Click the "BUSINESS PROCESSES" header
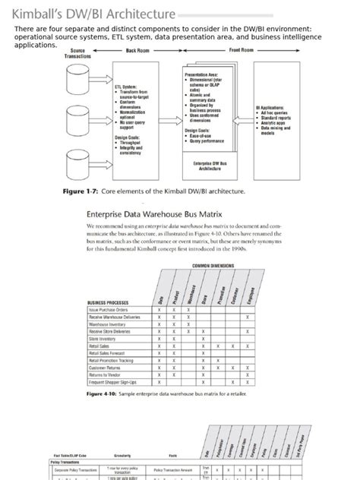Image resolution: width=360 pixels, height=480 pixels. click(112, 302)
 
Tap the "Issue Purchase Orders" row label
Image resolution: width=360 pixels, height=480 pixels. click(109, 310)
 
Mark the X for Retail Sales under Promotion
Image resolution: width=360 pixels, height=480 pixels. click(219, 346)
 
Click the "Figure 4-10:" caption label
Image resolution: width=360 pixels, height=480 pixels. click(104, 395)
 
